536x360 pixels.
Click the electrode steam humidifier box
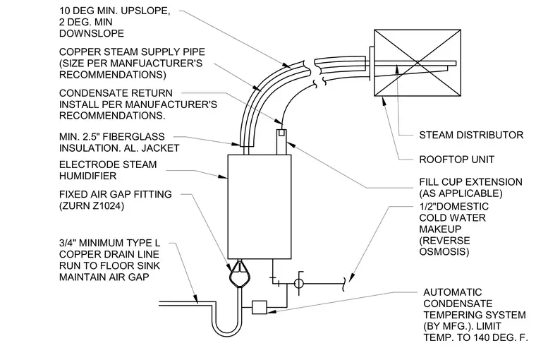point(260,207)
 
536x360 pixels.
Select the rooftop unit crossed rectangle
point(418,63)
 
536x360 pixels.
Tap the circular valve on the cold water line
point(298,283)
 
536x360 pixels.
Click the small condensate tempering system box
point(259,307)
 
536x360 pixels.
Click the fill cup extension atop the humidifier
point(281,142)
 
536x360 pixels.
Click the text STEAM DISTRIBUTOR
point(471,135)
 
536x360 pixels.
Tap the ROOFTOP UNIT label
point(457,160)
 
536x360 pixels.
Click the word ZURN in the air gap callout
point(76,206)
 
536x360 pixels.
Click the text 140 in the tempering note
point(484,337)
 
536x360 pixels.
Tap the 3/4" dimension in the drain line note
point(68,243)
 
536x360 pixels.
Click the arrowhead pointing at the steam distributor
point(397,68)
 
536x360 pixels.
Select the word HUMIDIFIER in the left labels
point(88,176)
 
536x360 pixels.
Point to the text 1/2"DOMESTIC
point(454,206)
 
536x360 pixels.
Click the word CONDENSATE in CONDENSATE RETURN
point(90,93)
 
